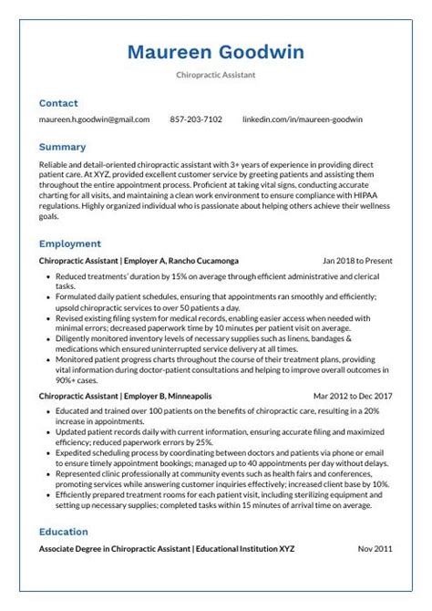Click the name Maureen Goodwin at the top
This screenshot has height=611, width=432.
point(216,51)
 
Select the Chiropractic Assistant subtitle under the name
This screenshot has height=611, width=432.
point(216,76)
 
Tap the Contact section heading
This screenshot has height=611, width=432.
point(58,104)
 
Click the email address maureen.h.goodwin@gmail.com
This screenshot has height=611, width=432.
point(94,119)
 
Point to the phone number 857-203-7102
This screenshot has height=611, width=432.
point(196,119)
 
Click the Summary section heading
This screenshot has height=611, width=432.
point(62,147)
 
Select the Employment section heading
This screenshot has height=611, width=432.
point(69,244)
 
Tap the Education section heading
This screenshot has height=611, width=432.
point(63,532)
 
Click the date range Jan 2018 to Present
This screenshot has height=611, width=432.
point(357,261)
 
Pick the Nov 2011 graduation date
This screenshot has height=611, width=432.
point(375,549)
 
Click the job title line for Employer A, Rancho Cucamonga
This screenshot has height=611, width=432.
point(139,261)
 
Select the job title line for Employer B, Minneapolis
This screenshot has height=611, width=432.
point(126,397)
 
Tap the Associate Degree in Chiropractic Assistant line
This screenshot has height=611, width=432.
point(167,549)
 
